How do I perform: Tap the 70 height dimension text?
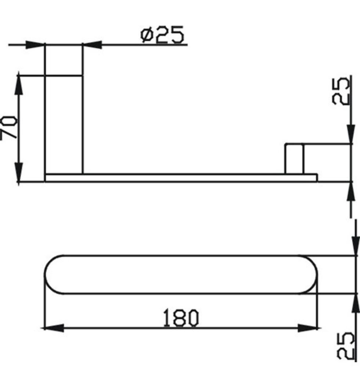[x=9, y=128]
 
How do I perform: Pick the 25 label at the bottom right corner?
[x=345, y=345]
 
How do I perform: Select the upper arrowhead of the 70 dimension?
[x=19, y=85]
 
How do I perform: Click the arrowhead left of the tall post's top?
[x=35, y=45]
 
